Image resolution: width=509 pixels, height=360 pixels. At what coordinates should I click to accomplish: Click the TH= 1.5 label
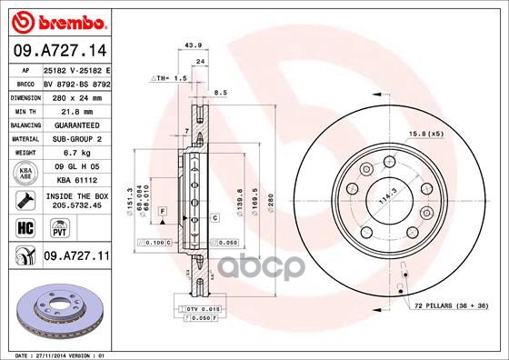point(170,79)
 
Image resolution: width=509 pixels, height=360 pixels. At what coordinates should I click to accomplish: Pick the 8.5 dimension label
point(219,92)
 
